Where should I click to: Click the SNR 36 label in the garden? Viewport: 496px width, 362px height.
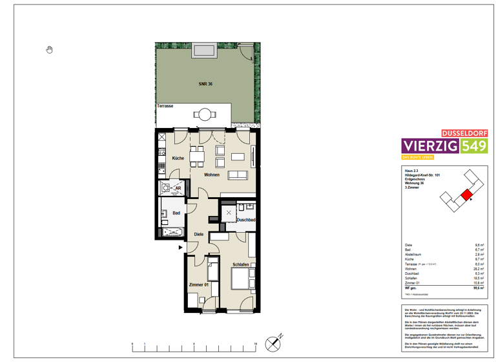click(x=205, y=84)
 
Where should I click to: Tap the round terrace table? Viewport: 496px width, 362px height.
click(x=205, y=115)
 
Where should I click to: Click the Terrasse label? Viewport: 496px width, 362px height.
click(x=164, y=105)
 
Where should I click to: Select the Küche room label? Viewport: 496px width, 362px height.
click(x=178, y=158)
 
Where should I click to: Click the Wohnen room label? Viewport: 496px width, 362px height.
click(x=212, y=175)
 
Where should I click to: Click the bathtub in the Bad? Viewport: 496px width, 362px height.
click(x=172, y=233)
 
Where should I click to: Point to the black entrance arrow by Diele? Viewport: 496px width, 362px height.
click(x=181, y=247)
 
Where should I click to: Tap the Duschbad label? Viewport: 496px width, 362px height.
click(x=245, y=220)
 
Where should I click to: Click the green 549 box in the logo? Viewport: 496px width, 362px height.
click(x=474, y=147)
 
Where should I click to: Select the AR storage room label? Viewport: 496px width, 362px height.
click(x=178, y=189)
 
